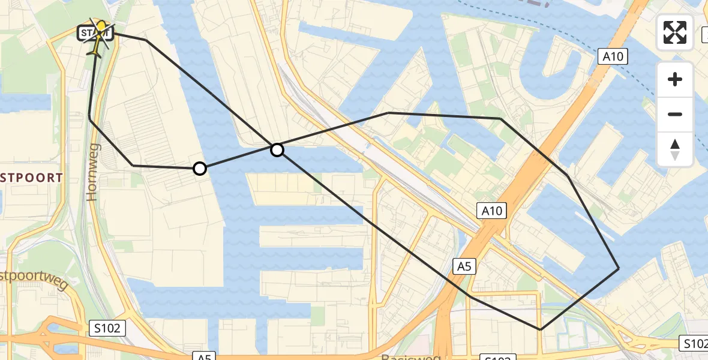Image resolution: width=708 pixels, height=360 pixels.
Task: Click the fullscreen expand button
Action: tap(675, 32)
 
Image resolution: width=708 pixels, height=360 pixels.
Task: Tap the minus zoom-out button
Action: tap(675, 114)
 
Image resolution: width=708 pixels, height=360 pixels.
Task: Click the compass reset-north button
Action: tap(675, 149)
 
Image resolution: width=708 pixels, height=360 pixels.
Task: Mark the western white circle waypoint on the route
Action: tap(200, 169)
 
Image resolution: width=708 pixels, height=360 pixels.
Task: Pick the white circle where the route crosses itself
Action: tap(277, 149)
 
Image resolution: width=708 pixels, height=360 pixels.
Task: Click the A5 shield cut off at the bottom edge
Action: tap(204, 356)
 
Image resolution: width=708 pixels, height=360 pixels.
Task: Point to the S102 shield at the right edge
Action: tap(694, 343)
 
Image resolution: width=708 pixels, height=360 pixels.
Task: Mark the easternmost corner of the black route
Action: tap(619, 268)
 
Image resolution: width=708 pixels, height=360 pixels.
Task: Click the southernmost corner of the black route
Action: tap(540, 329)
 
